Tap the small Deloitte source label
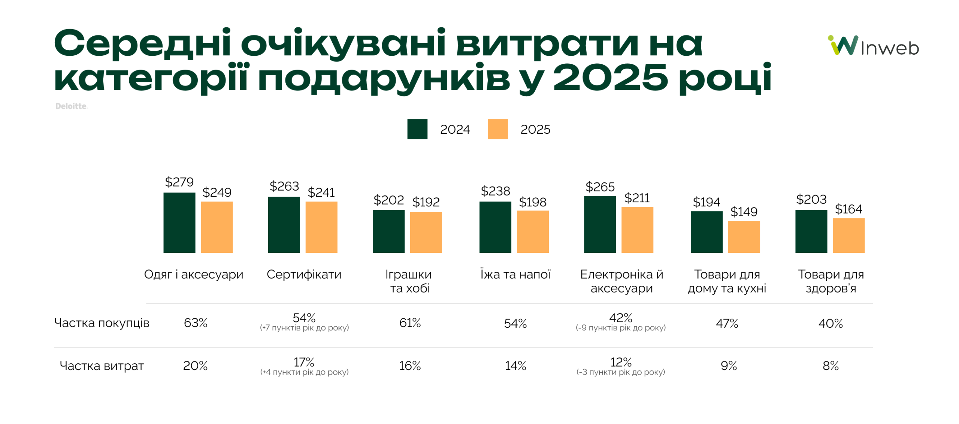pyautogui.click(x=71, y=106)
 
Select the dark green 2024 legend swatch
pyautogui.click(x=417, y=129)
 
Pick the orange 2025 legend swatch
pyautogui.click(x=497, y=129)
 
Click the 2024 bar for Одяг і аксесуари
pyautogui.click(x=179, y=222)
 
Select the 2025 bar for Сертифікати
pyautogui.click(x=321, y=227)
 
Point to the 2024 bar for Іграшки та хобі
pyautogui.click(x=388, y=231)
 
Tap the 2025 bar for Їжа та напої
pyautogui.click(x=532, y=231)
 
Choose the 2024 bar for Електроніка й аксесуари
pyautogui.click(x=599, y=224)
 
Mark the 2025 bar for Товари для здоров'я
pyautogui.click(x=848, y=235)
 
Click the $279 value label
pyautogui.click(x=179, y=182)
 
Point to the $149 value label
pyautogui.click(x=744, y=212)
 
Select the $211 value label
pyautogui.click(x=636, y=198)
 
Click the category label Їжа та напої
pyautogui.click(x=515, y=274)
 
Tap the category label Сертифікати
pyautogui.click(x=304, y=274)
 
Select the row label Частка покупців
pyautogui.click(x=102, y=322)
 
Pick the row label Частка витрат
pyautogui.click(x=102, y=366)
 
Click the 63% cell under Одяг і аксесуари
pyautogui.click(x=195, y=322)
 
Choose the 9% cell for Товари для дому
pyautogui.click(x=728, y=366)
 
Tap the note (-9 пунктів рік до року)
pyautogui.click(x=620, y=328)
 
